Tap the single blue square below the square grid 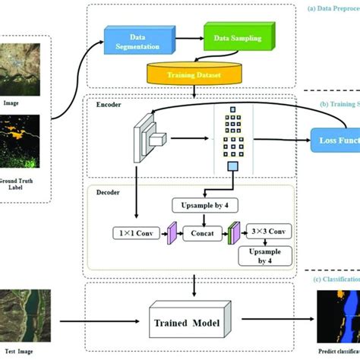point(233,166)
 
